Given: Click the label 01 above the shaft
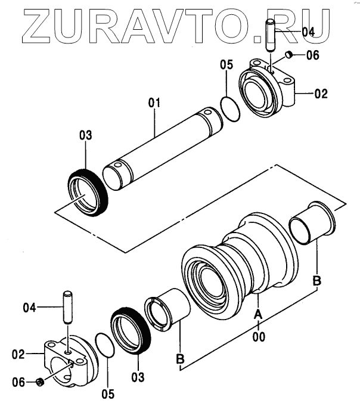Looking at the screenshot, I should (155, 103).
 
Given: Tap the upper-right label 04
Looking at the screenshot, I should (308, 32).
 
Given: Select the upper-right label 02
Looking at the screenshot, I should (321, 94).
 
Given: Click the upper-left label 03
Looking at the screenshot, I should (86, 136).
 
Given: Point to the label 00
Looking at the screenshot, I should (258, 336).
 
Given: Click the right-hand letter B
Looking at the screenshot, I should (317, 279).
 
